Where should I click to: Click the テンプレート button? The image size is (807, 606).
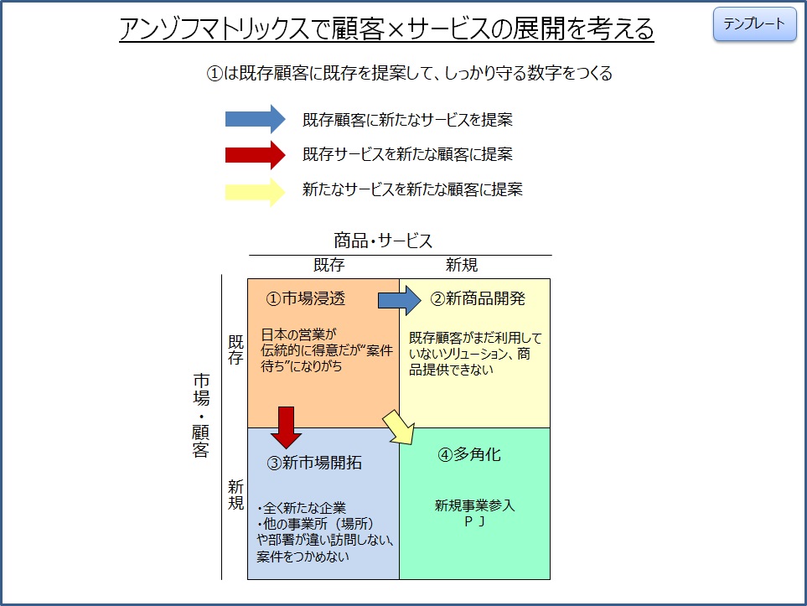click(754, 23)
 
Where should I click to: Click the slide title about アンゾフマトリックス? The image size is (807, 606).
click(386, 28)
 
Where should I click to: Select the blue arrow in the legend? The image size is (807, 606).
click(256, 119)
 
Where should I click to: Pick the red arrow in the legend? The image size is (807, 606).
click(256, 154)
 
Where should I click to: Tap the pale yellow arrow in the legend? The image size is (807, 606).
click(256, 192)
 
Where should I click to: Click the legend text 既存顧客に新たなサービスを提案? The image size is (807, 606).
click(407, 120)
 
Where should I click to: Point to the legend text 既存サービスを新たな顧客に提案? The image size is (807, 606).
click(407, 154)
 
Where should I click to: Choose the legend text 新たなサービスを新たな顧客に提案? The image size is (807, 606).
click(412, 189)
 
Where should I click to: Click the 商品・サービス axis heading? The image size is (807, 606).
click(383, 241)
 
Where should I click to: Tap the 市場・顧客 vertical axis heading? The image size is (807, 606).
click(201, 415)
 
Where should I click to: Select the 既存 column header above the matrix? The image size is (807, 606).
click(328, 265)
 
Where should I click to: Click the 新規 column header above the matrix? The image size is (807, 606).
click(462, 265)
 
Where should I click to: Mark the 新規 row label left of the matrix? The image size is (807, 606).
click(235, 495)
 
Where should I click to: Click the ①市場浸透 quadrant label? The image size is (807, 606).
click(306, 298)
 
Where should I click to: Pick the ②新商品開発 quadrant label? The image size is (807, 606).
click(478, 298)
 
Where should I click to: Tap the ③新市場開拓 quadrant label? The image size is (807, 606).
click(314, 463)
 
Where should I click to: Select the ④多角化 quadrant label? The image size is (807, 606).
click(468, 454)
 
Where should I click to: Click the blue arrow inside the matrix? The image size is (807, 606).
click(400, 300)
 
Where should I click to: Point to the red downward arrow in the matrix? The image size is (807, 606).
click(286, 427)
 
